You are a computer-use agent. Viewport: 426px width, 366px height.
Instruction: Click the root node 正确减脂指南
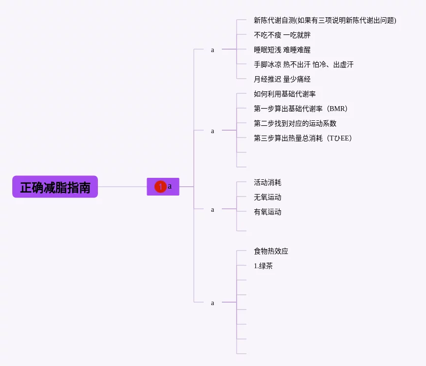pos(55,187)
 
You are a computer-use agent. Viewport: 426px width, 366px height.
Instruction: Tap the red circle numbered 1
pos(160,187)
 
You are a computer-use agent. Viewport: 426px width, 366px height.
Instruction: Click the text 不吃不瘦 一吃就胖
pos(282,35)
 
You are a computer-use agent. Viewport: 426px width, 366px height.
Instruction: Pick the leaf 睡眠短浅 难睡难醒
pos(282,50)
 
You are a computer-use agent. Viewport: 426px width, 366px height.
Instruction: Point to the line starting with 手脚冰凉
pos(304,64)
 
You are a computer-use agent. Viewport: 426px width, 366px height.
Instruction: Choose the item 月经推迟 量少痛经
pos(282,79)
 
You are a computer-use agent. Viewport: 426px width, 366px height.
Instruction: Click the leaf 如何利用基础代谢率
pos(285,94)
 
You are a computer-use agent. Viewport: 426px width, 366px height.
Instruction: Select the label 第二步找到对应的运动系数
pos(295,123)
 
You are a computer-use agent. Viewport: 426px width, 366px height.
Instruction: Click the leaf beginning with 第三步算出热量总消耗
pos(303,138)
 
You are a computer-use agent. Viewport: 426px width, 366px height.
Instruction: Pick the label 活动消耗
pos(268,182)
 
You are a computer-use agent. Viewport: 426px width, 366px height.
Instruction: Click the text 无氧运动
pos(268,197)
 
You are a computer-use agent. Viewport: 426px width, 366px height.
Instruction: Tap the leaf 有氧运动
pos(268,212)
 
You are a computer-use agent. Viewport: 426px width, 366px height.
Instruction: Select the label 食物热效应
pos(271,251)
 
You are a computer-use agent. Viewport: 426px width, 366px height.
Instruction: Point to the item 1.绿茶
pos(263,266)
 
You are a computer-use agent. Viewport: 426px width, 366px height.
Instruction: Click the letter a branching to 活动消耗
pos(213,210)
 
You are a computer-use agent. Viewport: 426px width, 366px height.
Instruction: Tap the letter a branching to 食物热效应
pos(213,303)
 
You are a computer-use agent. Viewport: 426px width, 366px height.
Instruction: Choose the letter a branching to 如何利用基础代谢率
pos(213,131)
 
